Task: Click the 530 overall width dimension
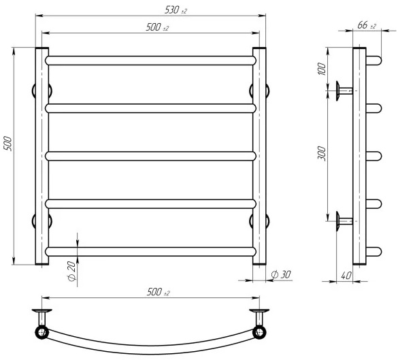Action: (x=176, y=10)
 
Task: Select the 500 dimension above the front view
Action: (x=157, y=27)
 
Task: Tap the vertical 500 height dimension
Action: (x=8, y=144)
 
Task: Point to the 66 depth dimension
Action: (x=367, y=25)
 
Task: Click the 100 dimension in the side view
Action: (x=322, y=69)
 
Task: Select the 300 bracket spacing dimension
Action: (x=322, y=153)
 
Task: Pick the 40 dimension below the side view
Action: (x=346, y=276)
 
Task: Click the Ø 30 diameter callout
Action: (x=281, y=274)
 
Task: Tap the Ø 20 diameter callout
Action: (x=72, y=271)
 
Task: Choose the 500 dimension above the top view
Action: (x=158, y=292)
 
